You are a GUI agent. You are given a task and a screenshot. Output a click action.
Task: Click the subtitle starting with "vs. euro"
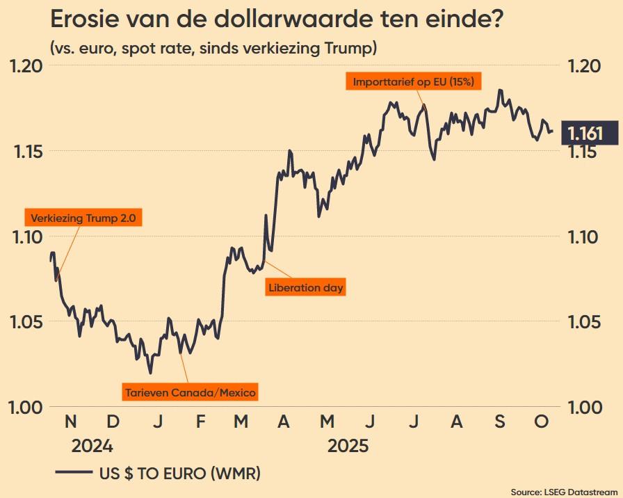(213, 49)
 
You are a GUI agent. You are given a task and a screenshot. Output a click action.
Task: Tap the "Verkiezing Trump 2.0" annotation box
(83, 218)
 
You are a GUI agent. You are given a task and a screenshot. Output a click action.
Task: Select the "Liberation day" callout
(306, 287)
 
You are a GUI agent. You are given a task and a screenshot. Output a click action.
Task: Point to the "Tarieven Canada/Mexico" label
(191, 393)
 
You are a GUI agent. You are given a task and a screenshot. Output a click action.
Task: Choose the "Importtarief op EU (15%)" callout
(414, 81)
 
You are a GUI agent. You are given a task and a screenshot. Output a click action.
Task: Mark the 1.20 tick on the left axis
(24, 66)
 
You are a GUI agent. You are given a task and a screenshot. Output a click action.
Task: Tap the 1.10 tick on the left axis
(24, 236)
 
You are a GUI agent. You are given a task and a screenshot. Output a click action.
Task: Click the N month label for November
(71, 422)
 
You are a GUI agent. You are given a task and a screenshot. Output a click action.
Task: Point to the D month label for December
(114, 422)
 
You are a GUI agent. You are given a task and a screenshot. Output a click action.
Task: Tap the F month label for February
(200, 422)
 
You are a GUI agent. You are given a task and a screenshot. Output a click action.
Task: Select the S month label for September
(500, 422)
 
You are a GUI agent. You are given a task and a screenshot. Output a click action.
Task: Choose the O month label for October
(543, 422)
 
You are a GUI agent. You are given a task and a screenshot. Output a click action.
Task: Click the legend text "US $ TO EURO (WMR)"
(179, 474)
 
